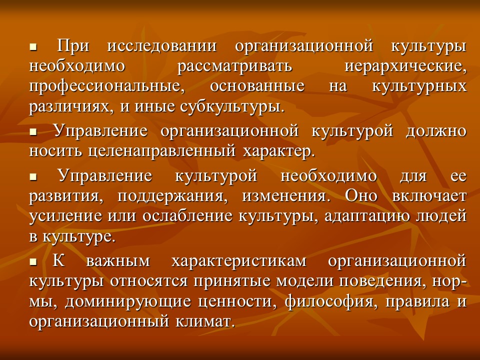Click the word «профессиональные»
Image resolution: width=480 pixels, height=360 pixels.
click(x=104, y=86)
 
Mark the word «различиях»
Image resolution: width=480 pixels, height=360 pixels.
click(x=63, y=106)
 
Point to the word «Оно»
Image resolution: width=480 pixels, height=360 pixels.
click(x=361, y=195)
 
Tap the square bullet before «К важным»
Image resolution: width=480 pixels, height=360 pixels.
click(x=33, y=261)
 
